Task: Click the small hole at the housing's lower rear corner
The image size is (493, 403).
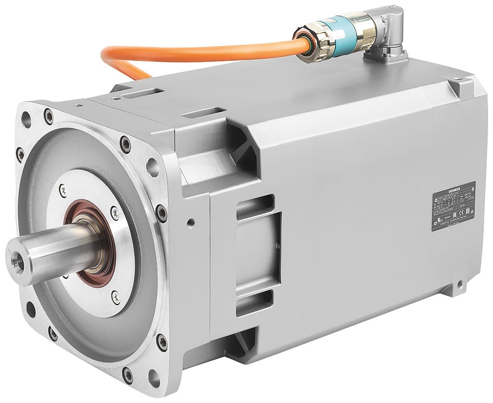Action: pos(459,283)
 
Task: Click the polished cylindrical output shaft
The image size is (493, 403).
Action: pos(54,247)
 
